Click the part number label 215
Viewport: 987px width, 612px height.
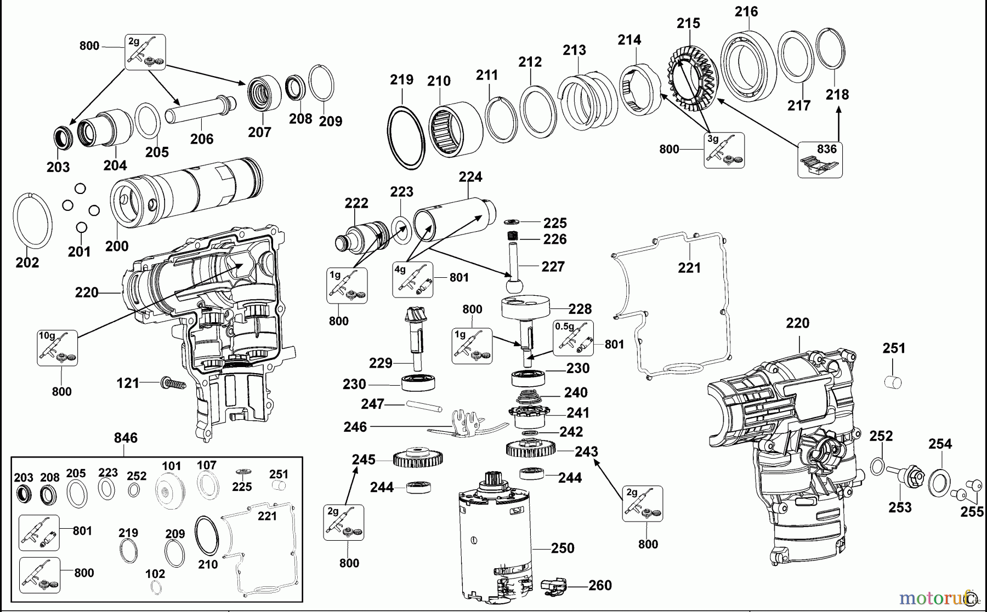pyautogui.click(x=688, y=23)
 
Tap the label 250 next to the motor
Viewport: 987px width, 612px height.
pyautogui.click(x=563, y=548)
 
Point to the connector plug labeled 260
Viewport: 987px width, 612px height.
pyautogui.click(x=555, y=587)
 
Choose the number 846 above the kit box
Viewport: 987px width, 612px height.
pyautogui.click(x=126, y=438)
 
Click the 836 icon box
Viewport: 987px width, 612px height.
pyautogui.click(x=820, y=159)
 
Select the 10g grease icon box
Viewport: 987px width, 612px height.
pyautogui.click(x=57, y=348)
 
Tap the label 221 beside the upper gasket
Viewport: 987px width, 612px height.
pyautogui.click(x=689, y=267)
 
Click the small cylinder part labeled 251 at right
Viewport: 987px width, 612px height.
pyautogui.click(x=894, y=381)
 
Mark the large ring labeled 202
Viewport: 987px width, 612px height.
pyautogui.click(x=32, y=220)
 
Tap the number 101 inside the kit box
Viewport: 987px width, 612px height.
pyautogui.click(x=172, y=466)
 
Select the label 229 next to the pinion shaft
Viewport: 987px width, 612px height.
pyautogui.click(x=380, y=363)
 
